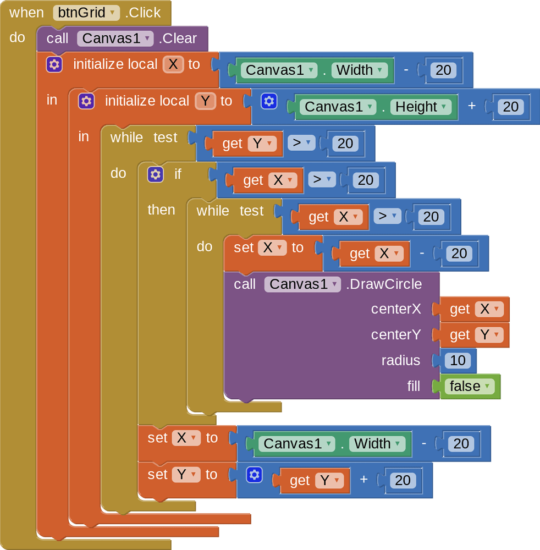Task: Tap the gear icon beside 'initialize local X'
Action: point(54,64)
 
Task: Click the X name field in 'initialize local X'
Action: point(173,64)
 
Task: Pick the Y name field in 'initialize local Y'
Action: point(205,101)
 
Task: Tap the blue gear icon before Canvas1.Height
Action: point(269,101)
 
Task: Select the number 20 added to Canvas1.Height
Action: point(510,107)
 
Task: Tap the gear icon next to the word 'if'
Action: point(156,174)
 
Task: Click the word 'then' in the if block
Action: point(161,210)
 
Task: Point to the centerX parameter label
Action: point(396,309)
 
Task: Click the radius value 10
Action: point(458,361)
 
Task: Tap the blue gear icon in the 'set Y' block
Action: point(254,475)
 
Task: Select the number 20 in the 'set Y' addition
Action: point(403,480)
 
